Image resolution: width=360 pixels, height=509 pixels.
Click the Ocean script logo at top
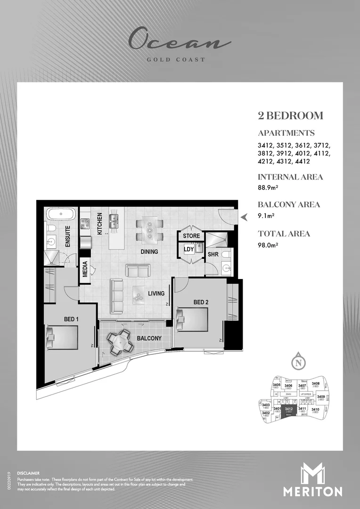(180, 40)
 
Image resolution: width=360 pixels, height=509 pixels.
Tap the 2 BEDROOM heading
(290, 115)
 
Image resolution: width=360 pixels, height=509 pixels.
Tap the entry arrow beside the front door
(244, 217)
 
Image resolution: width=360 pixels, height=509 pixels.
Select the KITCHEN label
(99, 224)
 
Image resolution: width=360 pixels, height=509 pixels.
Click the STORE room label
(191, 236)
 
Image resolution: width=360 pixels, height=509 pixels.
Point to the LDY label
(188, 249)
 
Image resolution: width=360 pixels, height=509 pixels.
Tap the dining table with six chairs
(150, 230)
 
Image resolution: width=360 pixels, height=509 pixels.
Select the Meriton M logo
(312, 475)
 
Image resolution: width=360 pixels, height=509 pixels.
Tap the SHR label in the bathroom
(213, 254)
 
